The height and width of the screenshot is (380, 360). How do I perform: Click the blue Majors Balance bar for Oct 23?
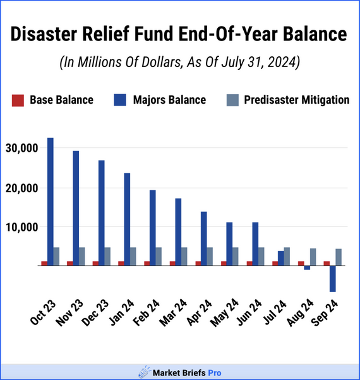(x=51, y=202)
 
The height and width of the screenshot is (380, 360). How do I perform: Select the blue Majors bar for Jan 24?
(x=127, y=219)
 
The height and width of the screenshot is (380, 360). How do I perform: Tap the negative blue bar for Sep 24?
(x=333, y=279)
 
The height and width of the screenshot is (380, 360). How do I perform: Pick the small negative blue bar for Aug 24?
(x=307, y=268)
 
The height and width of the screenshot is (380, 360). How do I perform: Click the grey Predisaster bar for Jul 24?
(x=287, y=257)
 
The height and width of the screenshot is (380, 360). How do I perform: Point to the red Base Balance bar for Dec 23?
(x=95, y=264)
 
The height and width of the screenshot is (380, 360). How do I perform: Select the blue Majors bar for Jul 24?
(x=281, y=259)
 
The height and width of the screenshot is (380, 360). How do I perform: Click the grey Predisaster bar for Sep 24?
(x=339, y=257)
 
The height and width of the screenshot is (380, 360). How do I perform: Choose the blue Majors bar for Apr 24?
(x=204, y=239)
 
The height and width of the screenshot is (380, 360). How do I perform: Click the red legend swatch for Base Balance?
(x=18, y=101)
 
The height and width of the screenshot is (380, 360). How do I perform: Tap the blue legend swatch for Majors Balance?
(x=120, y=100)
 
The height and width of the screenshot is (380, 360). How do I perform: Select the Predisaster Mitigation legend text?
(x=297, y=100)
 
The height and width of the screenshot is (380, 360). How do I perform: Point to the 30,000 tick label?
(x=22, y=148)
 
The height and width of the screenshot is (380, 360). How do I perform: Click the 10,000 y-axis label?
(x=22, y=228)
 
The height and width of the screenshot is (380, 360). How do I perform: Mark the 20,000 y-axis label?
(x=22, y=188)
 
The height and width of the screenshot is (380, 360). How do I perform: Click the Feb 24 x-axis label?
(x=147, y=312)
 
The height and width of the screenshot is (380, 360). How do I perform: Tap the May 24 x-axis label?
(x=224, y=313)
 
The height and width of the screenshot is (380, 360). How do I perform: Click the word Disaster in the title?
(x=44, y=34)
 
